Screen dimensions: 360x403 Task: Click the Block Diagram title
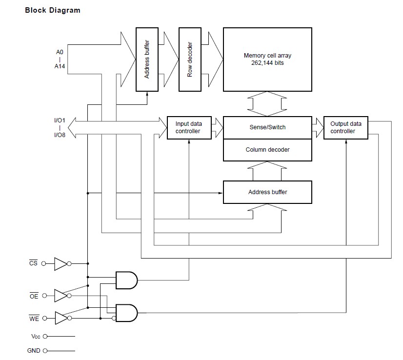click(x=53, y=10)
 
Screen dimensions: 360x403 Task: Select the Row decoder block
click(x=190, y=60)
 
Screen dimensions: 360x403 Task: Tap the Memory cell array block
click(x=267, y=60)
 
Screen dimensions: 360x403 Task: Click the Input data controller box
click(x=190, y=128)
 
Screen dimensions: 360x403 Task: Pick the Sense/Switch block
click(x=267, y=127)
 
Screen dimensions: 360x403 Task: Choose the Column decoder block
click(x=267, y=150)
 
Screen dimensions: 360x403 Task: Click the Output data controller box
click(x=345, y=128)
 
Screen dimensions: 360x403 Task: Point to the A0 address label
click(x=60, y=51)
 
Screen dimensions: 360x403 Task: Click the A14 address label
click(x=60, y=66)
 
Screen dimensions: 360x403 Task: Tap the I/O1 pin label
click(x=60, y=120)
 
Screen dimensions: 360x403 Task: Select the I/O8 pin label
click(x=60, y=135)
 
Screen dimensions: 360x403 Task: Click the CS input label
click(x=33, y=264)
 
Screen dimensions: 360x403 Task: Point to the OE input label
click(x=34, y=296)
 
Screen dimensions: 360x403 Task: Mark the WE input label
click(x=34, y=319)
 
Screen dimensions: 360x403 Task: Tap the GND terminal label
click(x=34, y=350)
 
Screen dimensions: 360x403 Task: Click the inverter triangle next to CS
click(x=60, y=264)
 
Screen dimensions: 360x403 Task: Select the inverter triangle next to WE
click(x=60, y=319)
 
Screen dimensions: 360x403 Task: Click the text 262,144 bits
click(x=267, y=63)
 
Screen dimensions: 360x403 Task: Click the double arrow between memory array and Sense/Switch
click(x=267, y=103)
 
